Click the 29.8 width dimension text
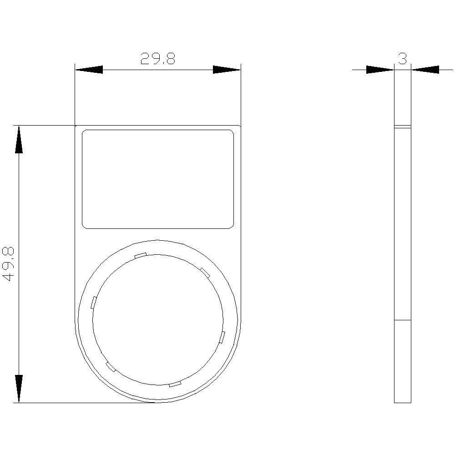coord(157,59)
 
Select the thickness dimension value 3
coord(402,58)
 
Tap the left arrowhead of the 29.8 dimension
coord(89,70)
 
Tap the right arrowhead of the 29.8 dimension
coord(227,70)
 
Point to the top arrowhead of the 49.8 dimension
coord(19,140)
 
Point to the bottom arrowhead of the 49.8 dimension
coord(19,389)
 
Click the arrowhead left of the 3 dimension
coord(380,70)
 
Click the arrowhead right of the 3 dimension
coord(425,70)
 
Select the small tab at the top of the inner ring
coord(140,255)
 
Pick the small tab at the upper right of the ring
coord(205,273)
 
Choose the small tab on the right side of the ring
coord(222,337)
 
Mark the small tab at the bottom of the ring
coord(175,384)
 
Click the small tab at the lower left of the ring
coord(111,367)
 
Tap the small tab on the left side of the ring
coord(94,302)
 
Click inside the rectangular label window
coord(157,179)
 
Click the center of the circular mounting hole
coord(158,320)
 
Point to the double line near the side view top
coord(402,127)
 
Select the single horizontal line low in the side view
coord(402,320)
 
